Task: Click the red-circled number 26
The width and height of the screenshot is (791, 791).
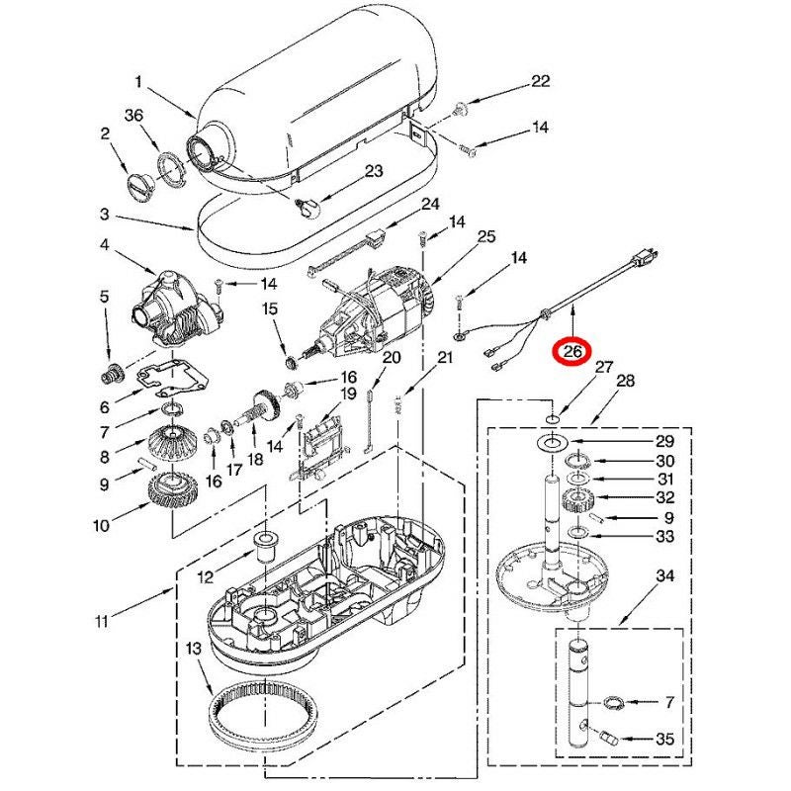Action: [572, 351]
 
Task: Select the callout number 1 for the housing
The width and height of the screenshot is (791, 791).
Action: [139, 82]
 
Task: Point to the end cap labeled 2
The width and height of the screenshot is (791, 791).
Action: [135, 185]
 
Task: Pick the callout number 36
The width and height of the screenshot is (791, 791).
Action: [134, 116]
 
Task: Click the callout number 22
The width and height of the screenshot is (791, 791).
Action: [540, 81]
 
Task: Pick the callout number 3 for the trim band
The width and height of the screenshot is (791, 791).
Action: [104, 214]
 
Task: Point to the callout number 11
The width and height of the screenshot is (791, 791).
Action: [102, 621]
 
